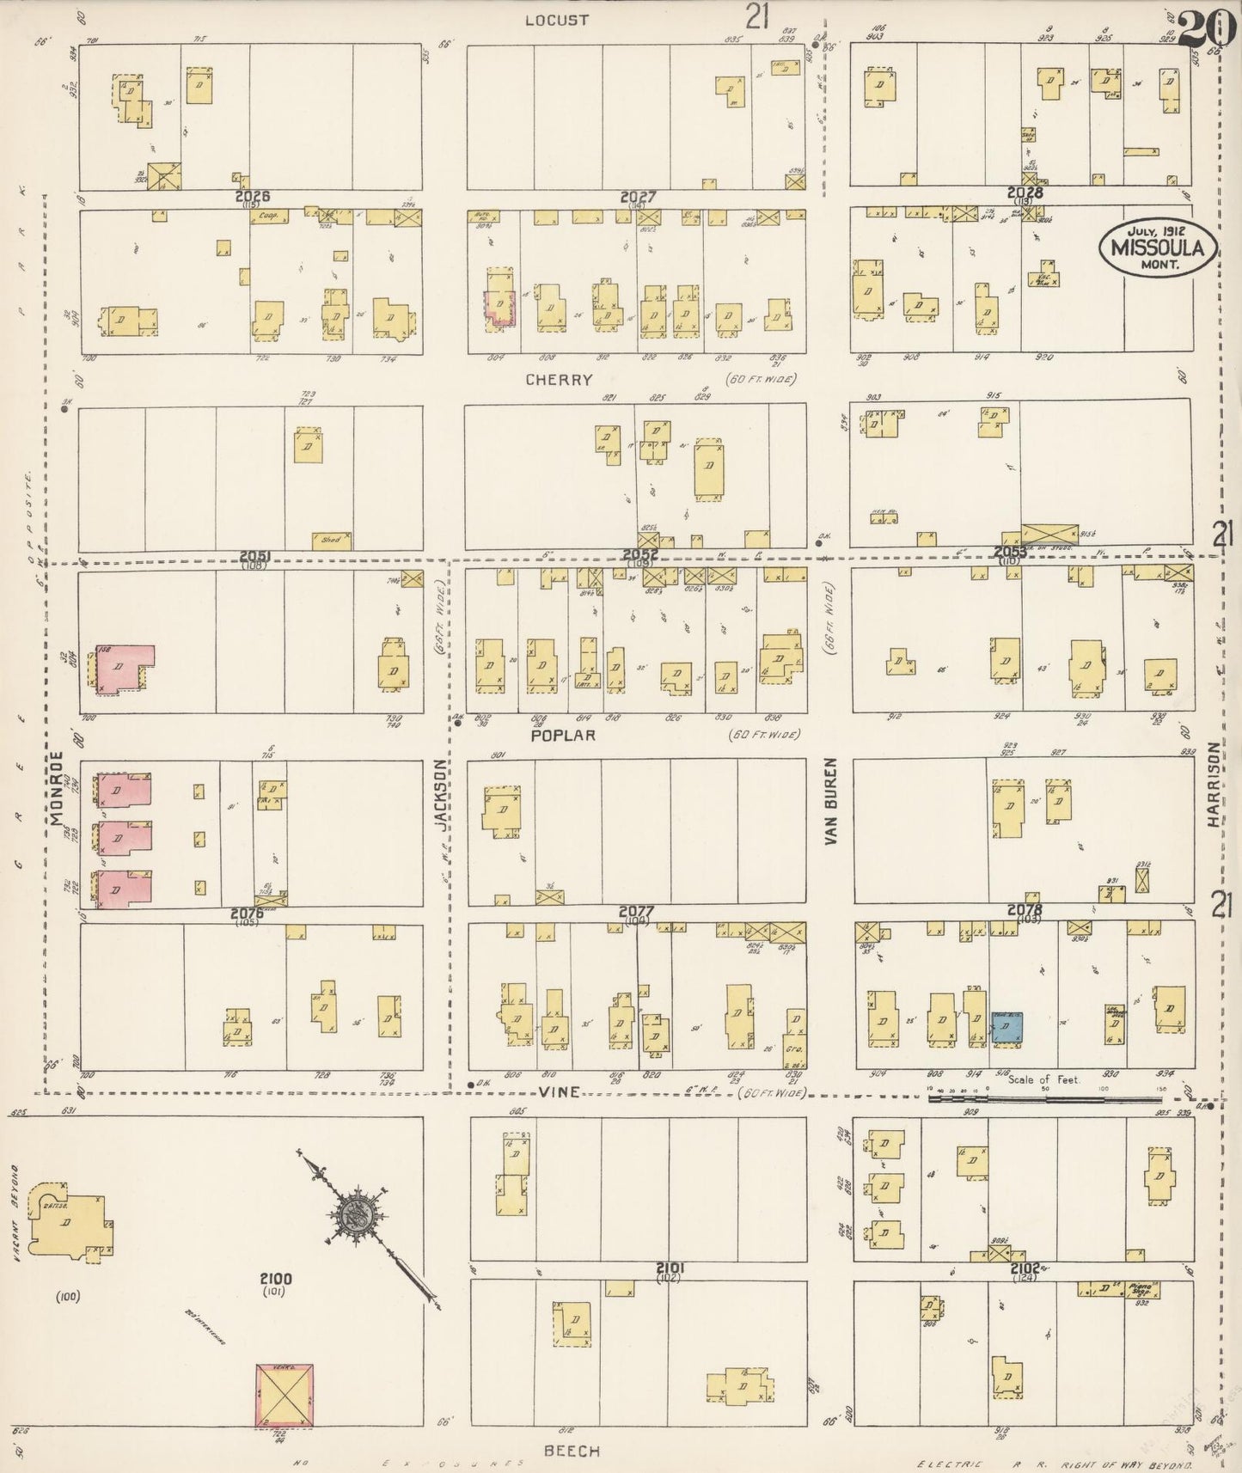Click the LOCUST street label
coord(557,20)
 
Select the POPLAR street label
coord(563,736)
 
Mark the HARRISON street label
coord(1213,797)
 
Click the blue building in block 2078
coord(1006,1028)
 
